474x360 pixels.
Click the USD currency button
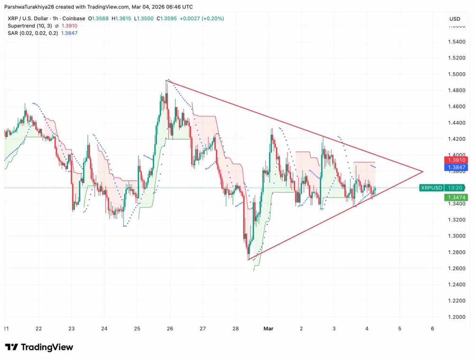click(455, 19)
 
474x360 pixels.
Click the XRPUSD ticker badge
click(431, 188)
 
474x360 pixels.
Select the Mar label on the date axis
click(268, 328)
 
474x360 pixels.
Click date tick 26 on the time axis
click(170, 328)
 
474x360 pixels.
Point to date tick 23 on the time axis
click(72, 328)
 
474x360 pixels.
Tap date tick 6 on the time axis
click(432, 328)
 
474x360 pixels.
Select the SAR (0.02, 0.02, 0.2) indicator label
click(31, 33)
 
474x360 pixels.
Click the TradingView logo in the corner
click(39, 347)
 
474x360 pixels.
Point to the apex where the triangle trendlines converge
click(423, 171)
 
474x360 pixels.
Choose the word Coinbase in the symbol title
click(76, 18)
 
